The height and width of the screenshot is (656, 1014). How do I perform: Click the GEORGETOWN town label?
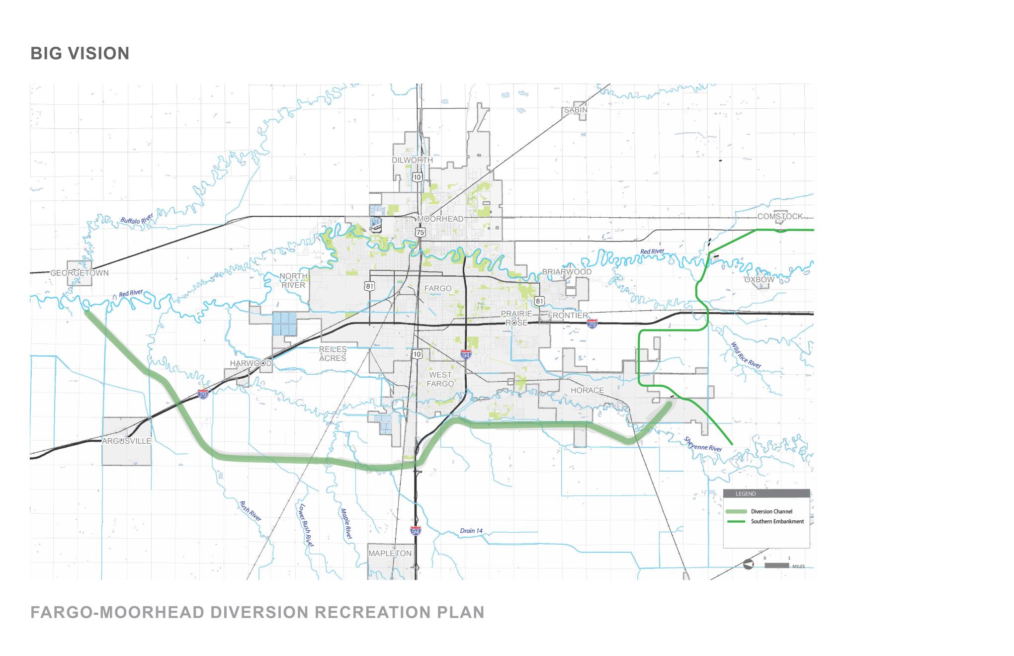[80, 273]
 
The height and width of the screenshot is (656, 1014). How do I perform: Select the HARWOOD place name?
[251, 363]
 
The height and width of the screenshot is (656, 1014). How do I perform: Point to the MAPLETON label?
[390, 553]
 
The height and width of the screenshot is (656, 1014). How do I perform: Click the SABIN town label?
[576, 110]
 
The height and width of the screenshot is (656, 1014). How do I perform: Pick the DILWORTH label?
[412, 160]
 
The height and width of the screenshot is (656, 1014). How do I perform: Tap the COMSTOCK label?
[780, 217]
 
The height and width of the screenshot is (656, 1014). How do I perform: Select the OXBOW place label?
[759, 280]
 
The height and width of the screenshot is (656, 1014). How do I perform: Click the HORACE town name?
[587, 390]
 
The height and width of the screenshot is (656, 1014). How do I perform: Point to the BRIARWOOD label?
[567, 272]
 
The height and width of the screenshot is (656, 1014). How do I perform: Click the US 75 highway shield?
[421, 232]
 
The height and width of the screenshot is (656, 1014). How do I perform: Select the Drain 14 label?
[471, 531]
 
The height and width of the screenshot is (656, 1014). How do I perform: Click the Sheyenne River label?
[703, 444]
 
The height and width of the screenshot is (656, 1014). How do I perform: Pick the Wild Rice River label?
[746, 355]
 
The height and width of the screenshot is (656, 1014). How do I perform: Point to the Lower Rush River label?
[306, 525]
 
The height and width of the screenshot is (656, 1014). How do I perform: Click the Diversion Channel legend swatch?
[736, 511]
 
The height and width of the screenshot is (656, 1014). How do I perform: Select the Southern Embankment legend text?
[777, 521]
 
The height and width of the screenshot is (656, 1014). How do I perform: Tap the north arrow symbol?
[748, 565]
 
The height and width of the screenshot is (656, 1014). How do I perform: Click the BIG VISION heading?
[80, 54]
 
